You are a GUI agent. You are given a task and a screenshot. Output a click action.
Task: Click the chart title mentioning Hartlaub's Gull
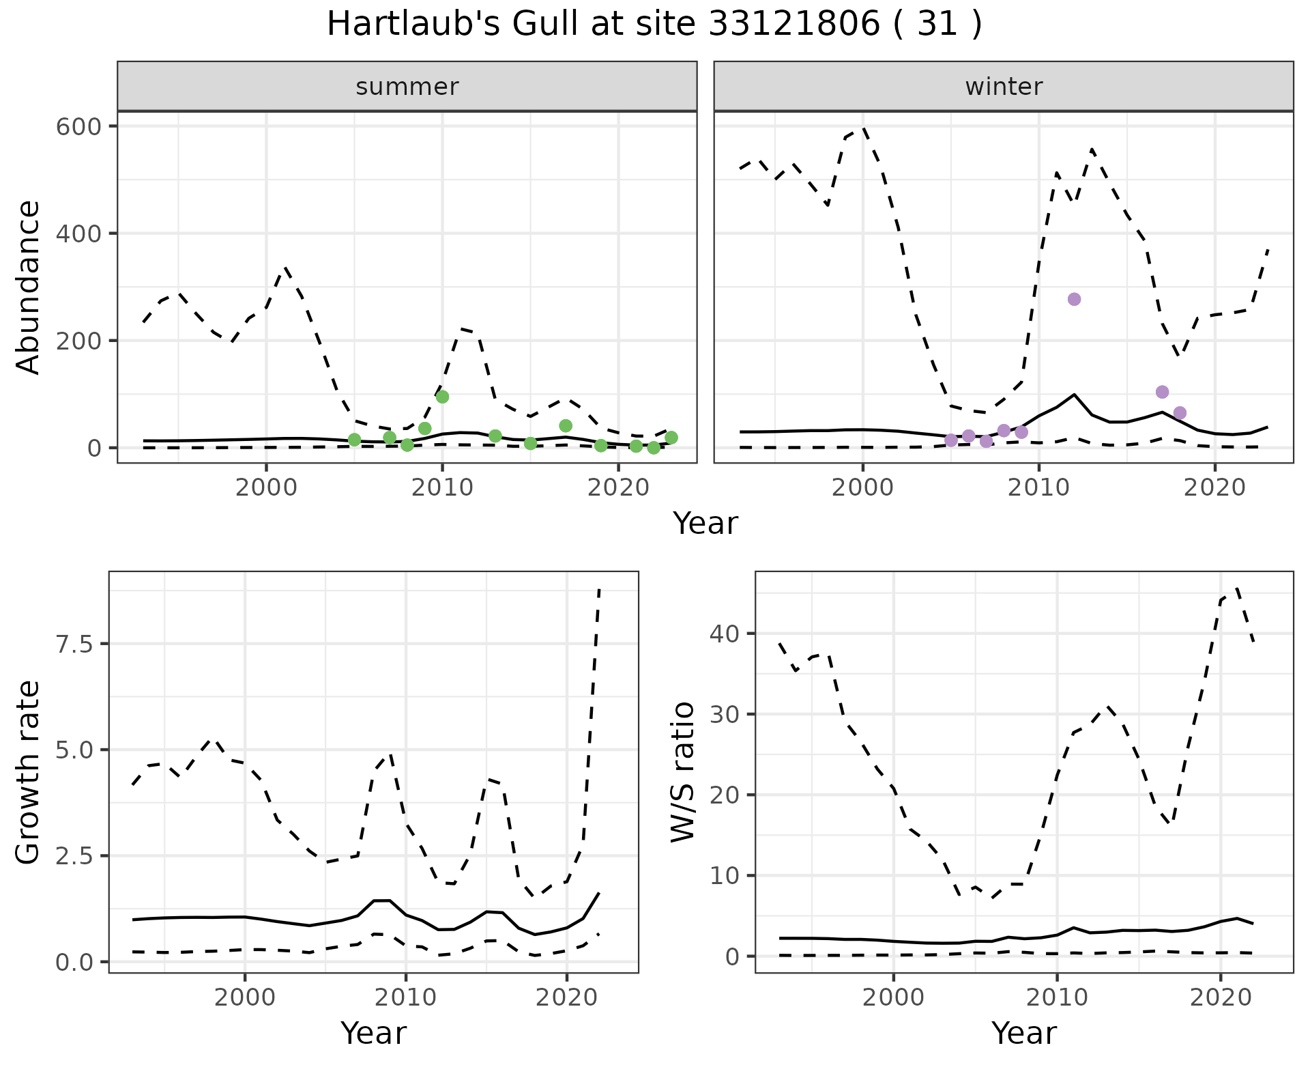(654, 25)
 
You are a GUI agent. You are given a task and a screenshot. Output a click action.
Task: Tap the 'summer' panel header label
(407, 87)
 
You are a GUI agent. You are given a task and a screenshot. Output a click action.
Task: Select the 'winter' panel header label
(1003, 87)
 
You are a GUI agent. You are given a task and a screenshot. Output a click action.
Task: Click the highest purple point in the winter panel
(1074, 299)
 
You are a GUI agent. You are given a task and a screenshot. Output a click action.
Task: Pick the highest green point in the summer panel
(442, 397)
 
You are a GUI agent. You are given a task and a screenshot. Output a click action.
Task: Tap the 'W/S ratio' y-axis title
(682, 772)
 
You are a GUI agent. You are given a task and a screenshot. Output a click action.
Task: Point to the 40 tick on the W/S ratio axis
(725, 634)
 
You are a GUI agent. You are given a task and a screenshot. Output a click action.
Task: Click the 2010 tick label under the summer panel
(442, 489)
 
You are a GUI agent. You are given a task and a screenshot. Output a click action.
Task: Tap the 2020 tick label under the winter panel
(1214, 489)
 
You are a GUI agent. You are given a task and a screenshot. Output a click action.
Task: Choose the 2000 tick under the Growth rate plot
(244, 998)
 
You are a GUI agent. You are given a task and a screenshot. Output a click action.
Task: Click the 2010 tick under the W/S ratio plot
(1057, 998)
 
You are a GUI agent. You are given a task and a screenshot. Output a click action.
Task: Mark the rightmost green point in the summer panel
(671, 438)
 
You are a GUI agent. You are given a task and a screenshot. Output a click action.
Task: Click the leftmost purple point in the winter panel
(951, 440)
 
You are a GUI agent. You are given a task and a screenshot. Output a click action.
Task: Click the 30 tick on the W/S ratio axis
(725, 714)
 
